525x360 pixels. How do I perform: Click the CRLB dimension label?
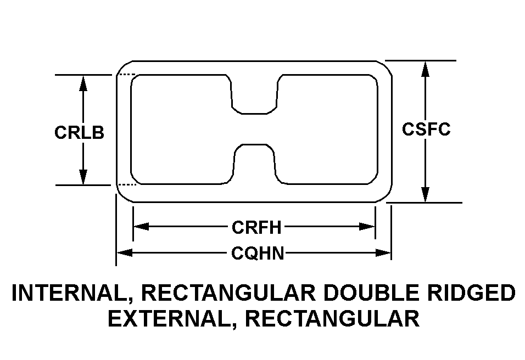tap(79, 132)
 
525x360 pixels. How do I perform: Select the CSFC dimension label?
tap(426, 129)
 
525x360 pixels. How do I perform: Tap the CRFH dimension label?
tap(257, 227)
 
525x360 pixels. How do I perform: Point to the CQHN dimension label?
tap(258, 253)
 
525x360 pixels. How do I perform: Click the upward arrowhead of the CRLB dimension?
tap(83, 83)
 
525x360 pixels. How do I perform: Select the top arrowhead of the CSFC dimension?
tap(425, 69)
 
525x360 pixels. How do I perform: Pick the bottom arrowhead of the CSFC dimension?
tap(425, 194)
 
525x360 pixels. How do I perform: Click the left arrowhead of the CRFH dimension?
tap(141, 227)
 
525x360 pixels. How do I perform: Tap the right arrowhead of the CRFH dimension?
tap(367, 227)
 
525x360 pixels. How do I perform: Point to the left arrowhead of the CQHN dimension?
tap(125, 252)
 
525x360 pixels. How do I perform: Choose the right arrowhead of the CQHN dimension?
tap(383, 252)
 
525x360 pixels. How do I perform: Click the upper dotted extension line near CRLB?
tap(126, 75)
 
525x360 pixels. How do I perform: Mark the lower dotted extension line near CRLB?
tap(126, 184)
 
